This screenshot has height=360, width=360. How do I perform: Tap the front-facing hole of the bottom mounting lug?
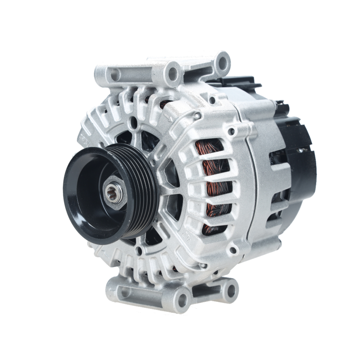(183, 300)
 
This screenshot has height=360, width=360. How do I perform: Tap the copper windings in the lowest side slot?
(212, 227)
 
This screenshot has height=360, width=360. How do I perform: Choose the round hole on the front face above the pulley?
(134, 122)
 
